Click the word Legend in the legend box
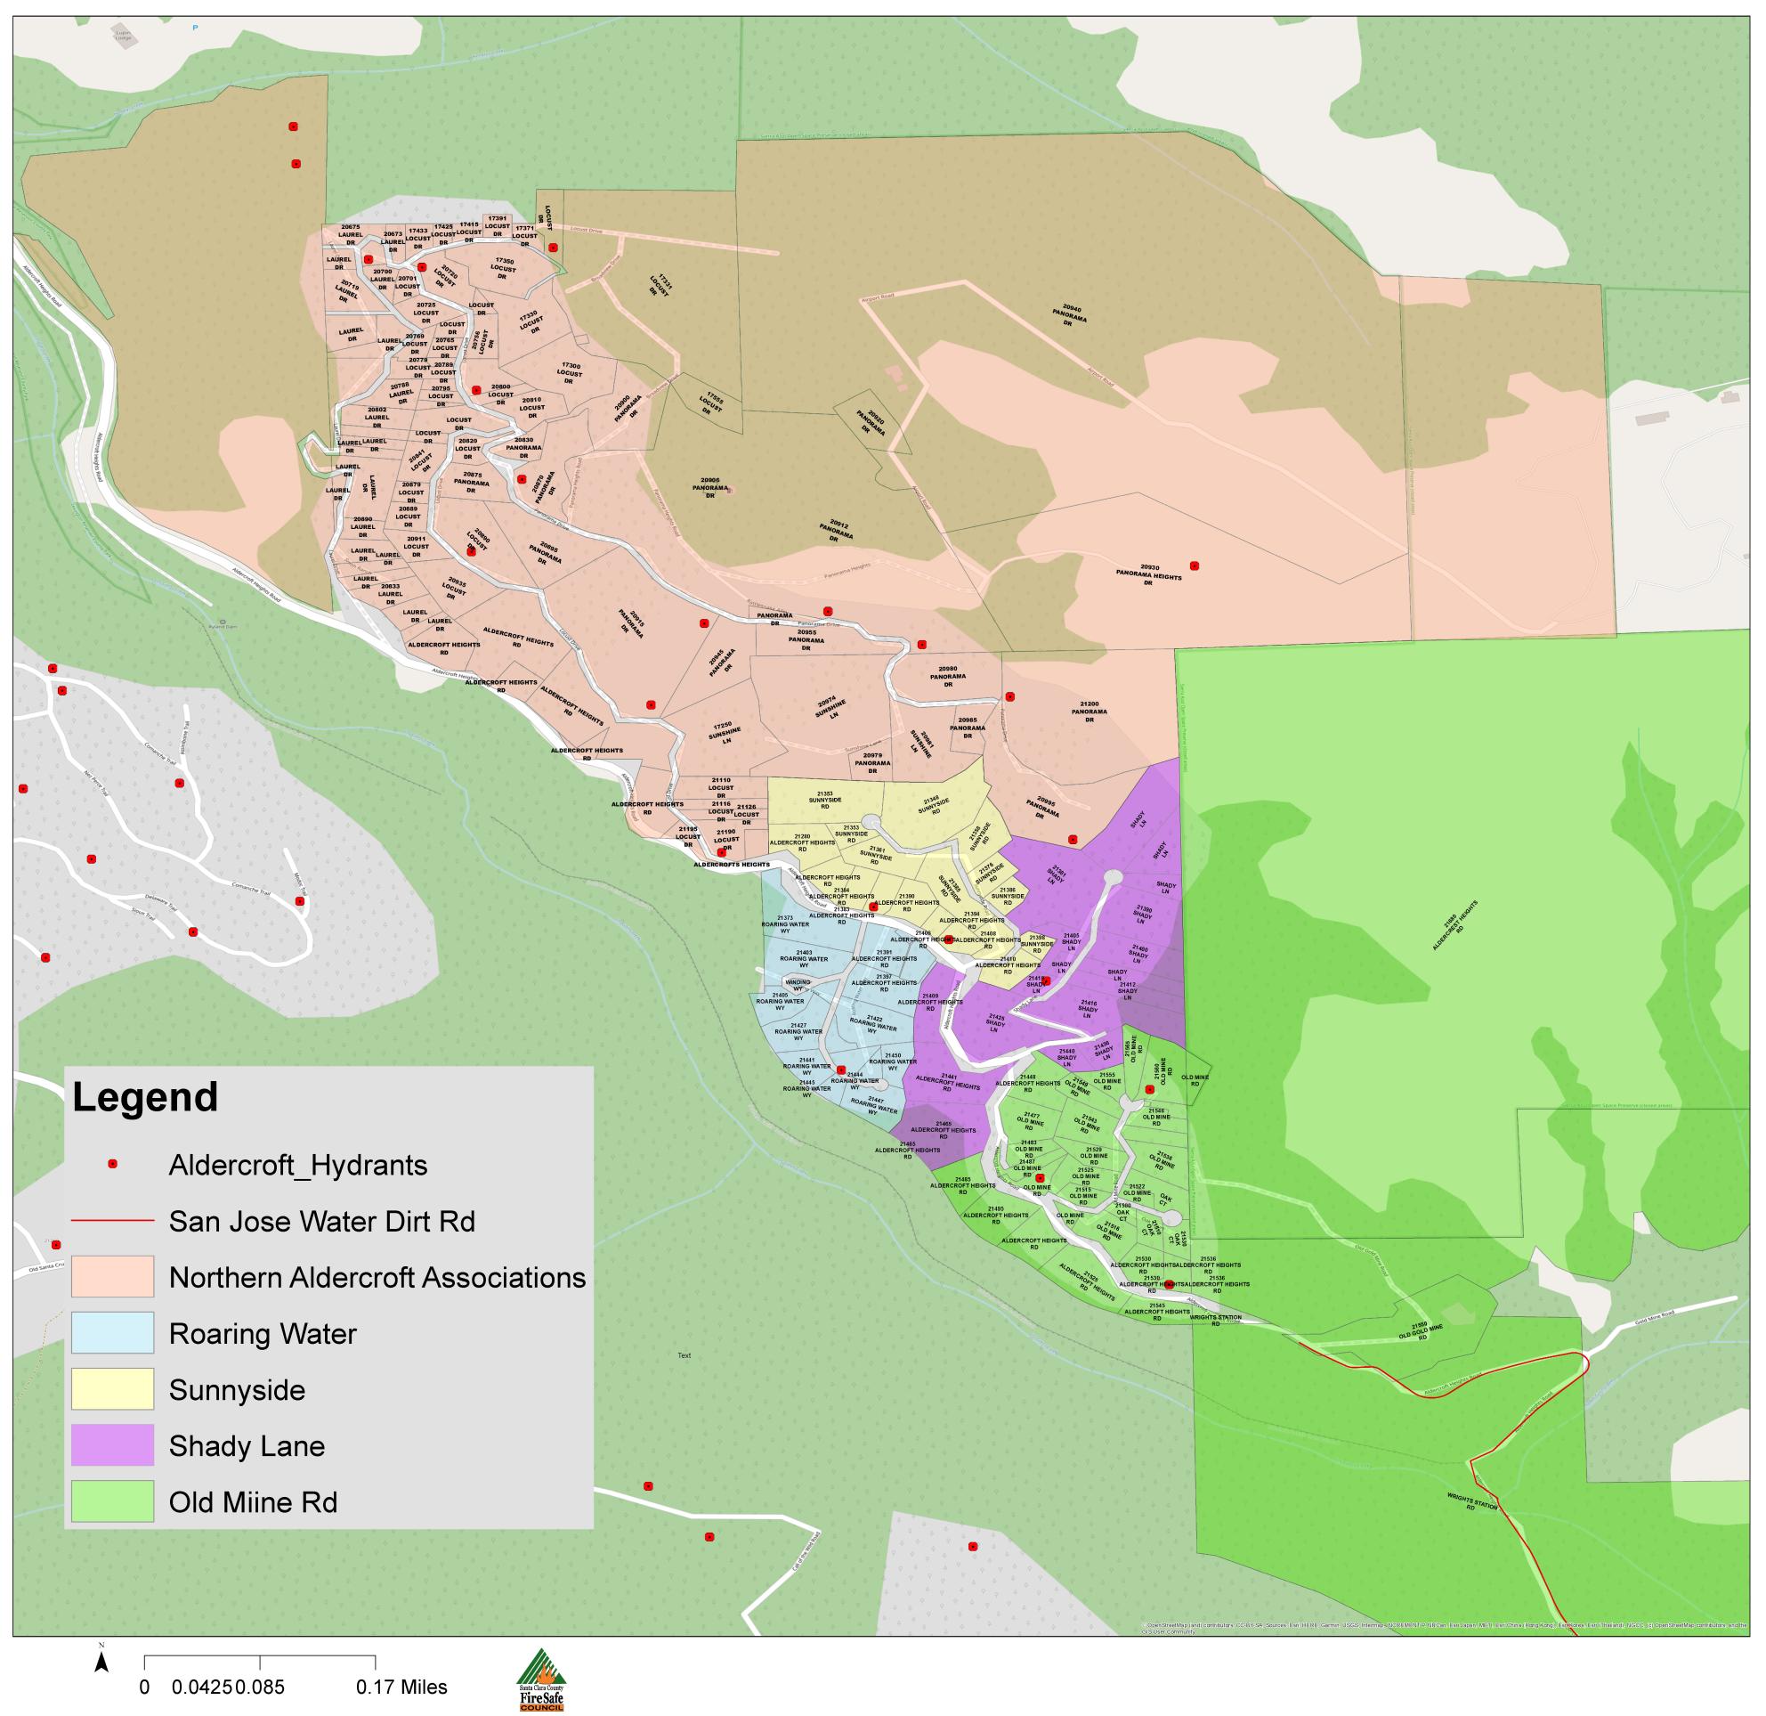coord(145,1098)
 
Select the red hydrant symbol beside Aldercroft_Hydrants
coord(113,1165)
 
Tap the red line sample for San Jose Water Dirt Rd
coord(113,1221)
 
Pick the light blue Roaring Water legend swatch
coord(113,1333)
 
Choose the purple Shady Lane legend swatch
coord(113,1445)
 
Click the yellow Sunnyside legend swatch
coord(113,1389)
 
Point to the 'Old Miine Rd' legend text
coord(253,1502)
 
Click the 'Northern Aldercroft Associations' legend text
coord(377,1277)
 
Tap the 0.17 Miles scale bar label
coord(401,1688)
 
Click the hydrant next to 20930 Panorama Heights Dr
coord(1195,566)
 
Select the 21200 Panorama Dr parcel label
coord(1089,712)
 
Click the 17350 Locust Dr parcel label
coord(503,269)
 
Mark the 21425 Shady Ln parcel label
coord(995,1022)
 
